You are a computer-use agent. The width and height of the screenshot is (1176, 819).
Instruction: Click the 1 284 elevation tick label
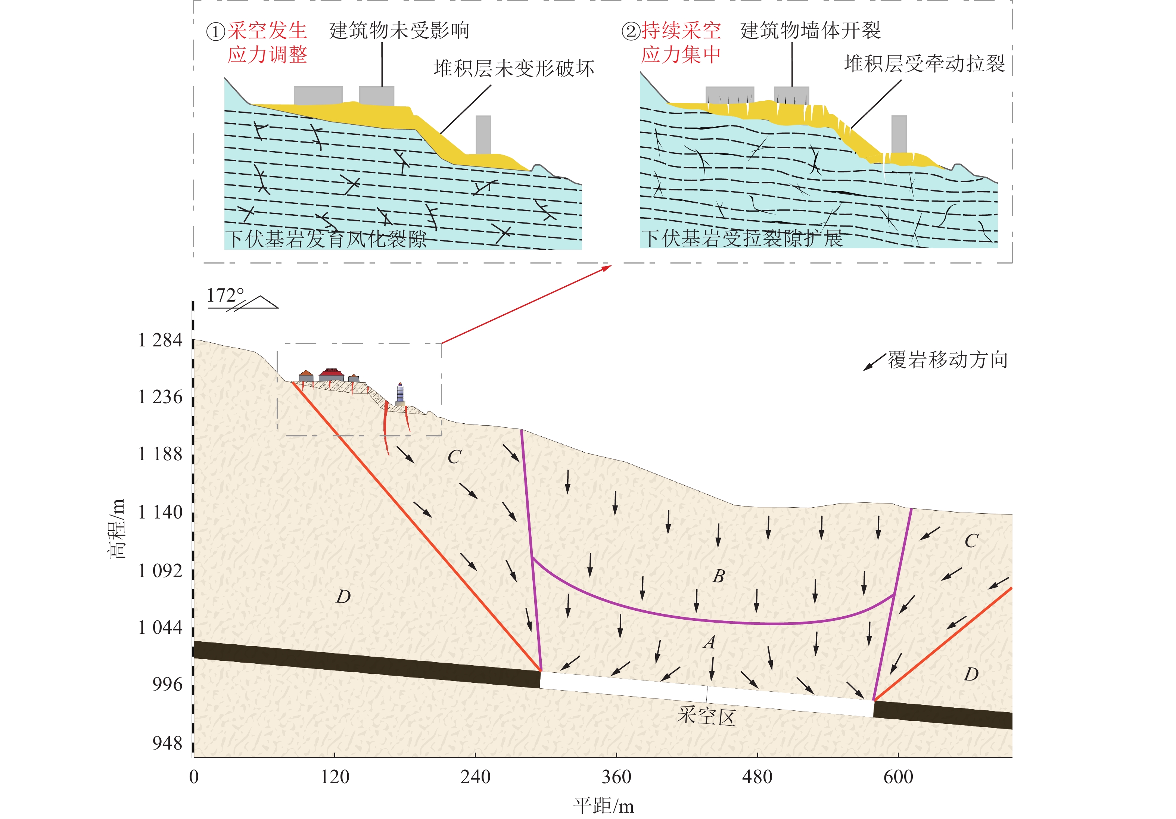pyautogui.click(x=160, y=340)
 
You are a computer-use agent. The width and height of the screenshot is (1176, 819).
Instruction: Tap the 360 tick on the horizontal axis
pyautogui.click(x=616, y=776)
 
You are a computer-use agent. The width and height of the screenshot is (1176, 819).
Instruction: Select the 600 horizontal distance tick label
pyautogui.click(x=898, y=776)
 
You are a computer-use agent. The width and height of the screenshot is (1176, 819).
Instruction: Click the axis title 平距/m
pyautogui.click(x=603, y=806)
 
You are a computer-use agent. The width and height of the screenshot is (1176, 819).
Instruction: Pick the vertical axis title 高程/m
pyautogui.click(x=117, y=527)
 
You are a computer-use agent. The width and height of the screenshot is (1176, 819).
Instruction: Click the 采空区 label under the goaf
pyautogui.click(x=706, y=716)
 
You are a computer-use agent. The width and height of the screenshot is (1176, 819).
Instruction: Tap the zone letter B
pyautogui.click(x=719, y=576)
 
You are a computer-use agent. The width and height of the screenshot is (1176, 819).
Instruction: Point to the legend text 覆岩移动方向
pyautogui.click(x=948, y=360)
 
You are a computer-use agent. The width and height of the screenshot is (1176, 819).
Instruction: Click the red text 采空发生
pyautogui.click(x=267, y=31)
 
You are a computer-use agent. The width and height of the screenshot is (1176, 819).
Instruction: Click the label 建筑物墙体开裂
pyautogui.click(x=810, y=31)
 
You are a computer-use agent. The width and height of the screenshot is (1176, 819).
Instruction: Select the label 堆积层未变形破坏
pyautogui.click(x=514, y=68)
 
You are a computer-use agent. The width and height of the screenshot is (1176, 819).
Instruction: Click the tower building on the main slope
pyautogui.click(x=400, y=394)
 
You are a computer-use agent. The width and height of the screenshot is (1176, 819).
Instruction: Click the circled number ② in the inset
pyautogui.click(x=631, y=31)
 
